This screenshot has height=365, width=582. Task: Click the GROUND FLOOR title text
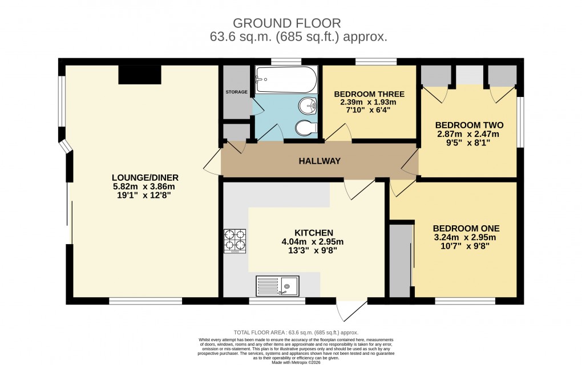287,23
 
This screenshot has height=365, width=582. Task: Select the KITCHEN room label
313,233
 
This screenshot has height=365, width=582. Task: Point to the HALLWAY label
320,161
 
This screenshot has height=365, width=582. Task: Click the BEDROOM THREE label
369,94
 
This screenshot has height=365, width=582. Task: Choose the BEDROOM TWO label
469,125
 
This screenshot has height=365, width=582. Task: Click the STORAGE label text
236,92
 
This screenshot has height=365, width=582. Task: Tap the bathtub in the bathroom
285,80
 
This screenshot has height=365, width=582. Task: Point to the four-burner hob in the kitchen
234,241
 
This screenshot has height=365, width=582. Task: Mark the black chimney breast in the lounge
140,75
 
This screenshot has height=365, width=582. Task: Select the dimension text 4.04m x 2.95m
314,242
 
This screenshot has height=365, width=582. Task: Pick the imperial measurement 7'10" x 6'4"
369,111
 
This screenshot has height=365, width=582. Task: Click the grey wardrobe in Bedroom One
400,261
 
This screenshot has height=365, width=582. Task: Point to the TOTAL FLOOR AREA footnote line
296,332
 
